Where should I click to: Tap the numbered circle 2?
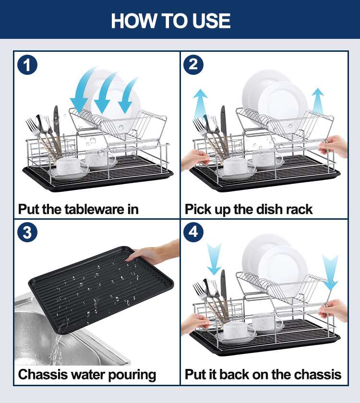pyautogui.click(x=193, y=64)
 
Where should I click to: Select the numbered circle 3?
pyautogui.click(x=27, y=232)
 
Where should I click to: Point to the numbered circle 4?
pyautogui.click(x=193, y=232)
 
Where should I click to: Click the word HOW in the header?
pyautogui.click(x=133, y=21)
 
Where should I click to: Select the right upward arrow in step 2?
pyautogui.click(x=318, y=101)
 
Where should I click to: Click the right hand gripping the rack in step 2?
pyautogui.click(x=333, y=146)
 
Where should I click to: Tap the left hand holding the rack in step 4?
pyautogui.click(x=196, y=324)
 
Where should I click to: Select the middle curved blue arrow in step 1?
pyautogui.click(x=105, y=92)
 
